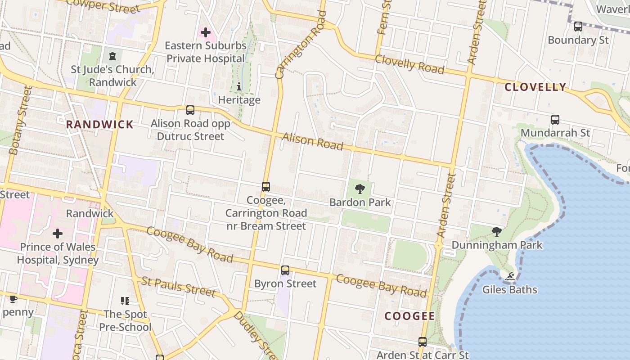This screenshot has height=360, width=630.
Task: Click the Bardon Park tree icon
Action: click(360, 189)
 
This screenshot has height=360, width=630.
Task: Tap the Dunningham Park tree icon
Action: click(497, 232)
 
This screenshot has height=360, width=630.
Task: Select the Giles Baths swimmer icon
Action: click(510, 276)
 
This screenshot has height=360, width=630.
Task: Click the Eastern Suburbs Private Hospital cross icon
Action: click(206, 32)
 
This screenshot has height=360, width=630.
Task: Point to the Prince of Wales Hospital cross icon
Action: click(58, 234)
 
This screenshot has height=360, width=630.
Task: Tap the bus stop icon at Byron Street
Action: click(285, 270)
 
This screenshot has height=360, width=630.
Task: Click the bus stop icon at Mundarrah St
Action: click(555, 120)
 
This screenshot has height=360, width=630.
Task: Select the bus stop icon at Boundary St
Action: click(578, 27)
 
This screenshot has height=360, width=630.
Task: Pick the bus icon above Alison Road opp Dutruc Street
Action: click(190, 110)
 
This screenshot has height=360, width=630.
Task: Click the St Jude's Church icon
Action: click(112, 56)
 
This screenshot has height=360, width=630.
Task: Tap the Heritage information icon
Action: click(239, 86)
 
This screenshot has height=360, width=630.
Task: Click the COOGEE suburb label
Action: click(409, 316)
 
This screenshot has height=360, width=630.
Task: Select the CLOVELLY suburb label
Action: click(535, 87)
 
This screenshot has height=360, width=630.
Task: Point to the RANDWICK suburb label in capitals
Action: click(100, 124)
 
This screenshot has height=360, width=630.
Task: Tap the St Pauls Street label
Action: click(178, 287)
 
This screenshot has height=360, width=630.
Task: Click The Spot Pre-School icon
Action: click(125, 301)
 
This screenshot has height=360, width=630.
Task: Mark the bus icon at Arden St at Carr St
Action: click(422, 342)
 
